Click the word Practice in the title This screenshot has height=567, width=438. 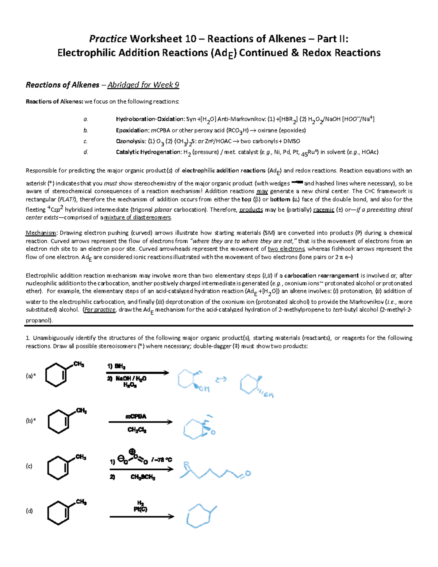click(x=108, y=39)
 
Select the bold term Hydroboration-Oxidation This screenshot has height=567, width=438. click(x=150, y=119)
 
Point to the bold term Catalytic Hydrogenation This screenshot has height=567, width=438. click(x=148, y=152)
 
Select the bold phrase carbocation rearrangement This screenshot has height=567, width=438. click(x=322, y=275)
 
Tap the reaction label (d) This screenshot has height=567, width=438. click(x=29, y=511)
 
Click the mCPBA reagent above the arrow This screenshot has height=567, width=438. click(x=136, y=416)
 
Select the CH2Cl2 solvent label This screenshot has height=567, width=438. click(x=137, y=430)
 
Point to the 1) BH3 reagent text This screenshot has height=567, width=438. click(x=116, y=366)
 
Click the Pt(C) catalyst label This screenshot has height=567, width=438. click(x=140, y=509)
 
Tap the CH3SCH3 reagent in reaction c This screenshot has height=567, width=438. click(x=143, y=477)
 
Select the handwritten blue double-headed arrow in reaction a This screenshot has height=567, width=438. click(x=221, y=380)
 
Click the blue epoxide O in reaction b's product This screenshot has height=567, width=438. click(x=213, y=432)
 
